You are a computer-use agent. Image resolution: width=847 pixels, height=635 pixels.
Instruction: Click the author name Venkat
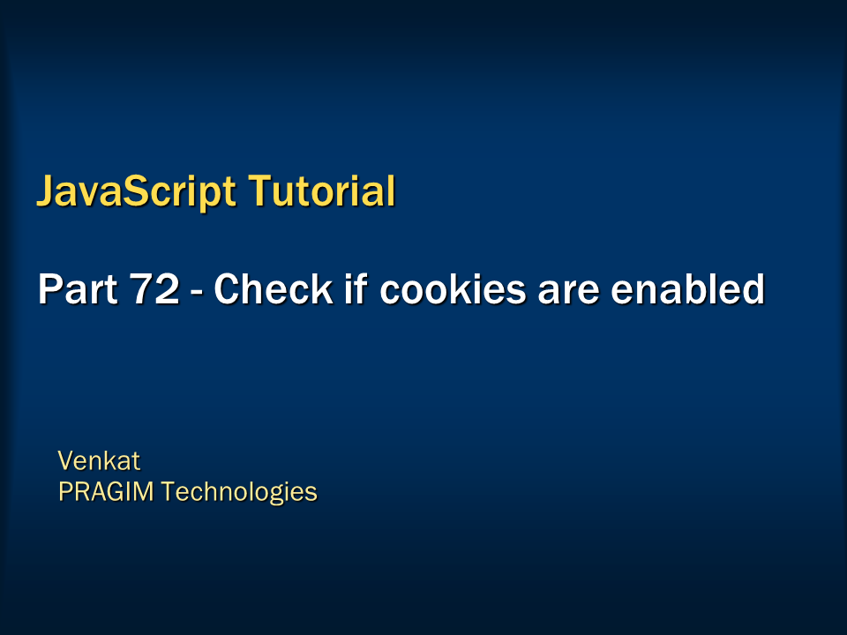click(99, 460)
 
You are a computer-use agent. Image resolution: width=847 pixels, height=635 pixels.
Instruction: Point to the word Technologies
click(241, 491)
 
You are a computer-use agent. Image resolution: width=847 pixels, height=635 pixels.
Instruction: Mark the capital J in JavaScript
click(45, 191)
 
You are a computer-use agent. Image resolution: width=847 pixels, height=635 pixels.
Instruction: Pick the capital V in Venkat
click(65, 460)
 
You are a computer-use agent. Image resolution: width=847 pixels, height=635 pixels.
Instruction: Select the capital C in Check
click(228, 289)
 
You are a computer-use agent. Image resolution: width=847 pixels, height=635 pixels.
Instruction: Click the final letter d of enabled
click(753, 289)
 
